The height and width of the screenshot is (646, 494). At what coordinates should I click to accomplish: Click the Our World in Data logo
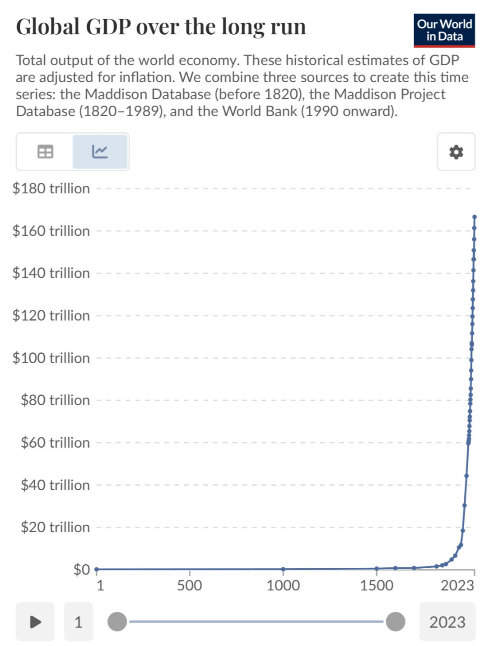(x=444, y=30)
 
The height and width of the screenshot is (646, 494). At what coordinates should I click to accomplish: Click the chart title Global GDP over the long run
(x=161, y=27)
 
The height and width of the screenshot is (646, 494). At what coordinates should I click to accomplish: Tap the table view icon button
(x=45, y=152)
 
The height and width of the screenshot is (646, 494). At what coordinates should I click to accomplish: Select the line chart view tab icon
(x=100, y=152)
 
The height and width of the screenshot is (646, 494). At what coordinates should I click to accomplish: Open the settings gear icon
(x=456, y=152)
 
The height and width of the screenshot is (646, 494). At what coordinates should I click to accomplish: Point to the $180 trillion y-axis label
(x=51, y=188)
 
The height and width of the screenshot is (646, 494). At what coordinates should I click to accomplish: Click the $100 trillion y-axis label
(x=51, y=358)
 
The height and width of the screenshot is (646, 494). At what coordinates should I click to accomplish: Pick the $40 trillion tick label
(x=55, y=485)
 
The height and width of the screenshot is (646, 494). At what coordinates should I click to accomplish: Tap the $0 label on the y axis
(x=82, y=569)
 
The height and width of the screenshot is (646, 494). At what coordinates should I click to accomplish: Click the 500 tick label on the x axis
(x=189, y=585)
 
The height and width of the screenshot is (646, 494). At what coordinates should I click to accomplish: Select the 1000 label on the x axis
(x=283, y=585)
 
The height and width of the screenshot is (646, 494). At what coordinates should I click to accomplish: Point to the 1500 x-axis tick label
(x=377, y=585)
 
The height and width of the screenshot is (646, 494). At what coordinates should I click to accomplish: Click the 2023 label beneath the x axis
(x=457, y=585)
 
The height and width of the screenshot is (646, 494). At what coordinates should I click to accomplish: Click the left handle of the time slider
(x=117, y=622)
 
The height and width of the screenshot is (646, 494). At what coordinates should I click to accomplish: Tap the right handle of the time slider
(x=396, y=622)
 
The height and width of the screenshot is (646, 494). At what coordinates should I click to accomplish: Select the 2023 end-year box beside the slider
(x=447, y=622)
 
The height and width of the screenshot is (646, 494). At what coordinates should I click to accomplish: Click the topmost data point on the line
(x=475, y=217)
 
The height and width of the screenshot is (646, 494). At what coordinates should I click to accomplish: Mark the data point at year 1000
(x=283, y=569)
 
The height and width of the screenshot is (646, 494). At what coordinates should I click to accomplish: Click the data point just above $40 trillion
(x=466, y=475)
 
